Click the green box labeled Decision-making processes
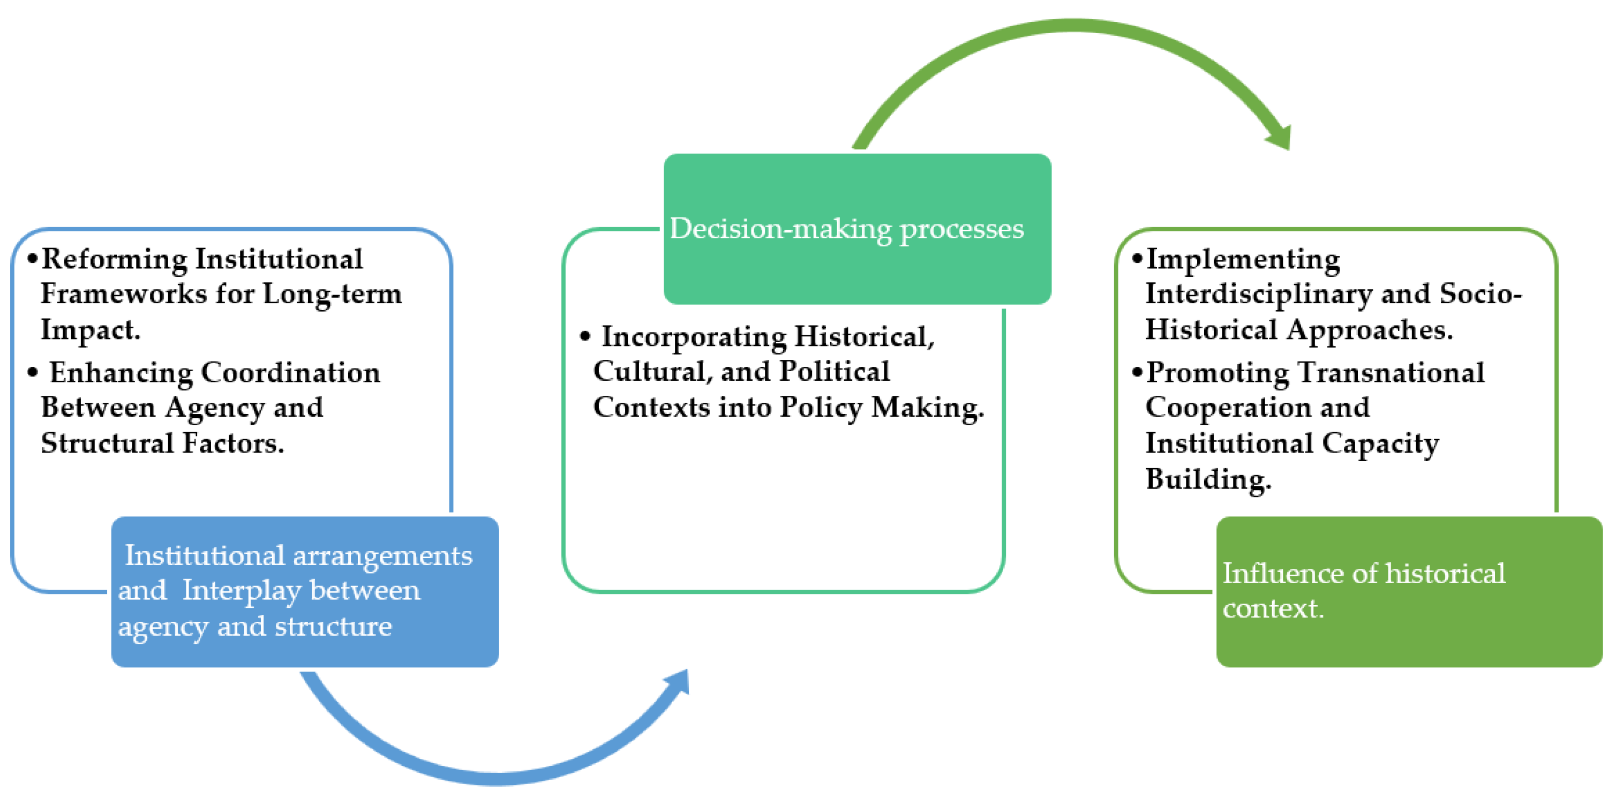(x=857, y=229)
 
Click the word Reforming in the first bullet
(x=114, y=260)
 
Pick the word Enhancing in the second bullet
(x=121, y=373)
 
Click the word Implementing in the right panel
(x=1243, y=260)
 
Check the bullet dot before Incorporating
(x=585, y=337)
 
